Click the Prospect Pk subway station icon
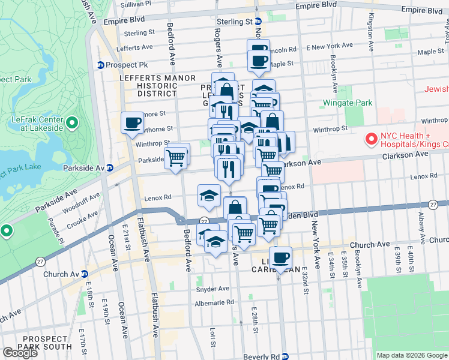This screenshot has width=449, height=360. (101, 65)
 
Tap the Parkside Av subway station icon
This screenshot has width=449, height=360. (110, 168)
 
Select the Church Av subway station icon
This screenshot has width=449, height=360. (84, 274)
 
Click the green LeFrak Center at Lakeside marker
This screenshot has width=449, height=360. (72, 124)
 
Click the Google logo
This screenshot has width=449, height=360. (20, 352)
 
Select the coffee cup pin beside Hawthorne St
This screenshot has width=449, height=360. (132, 124)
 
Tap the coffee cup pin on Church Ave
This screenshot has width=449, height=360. (280, 258)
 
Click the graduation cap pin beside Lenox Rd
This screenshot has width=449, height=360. (208, 196)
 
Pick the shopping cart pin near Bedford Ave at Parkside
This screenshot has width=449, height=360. (176, 158)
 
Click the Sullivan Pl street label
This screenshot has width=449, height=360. (135, 4)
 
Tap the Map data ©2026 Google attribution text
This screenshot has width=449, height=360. (412, 355)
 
